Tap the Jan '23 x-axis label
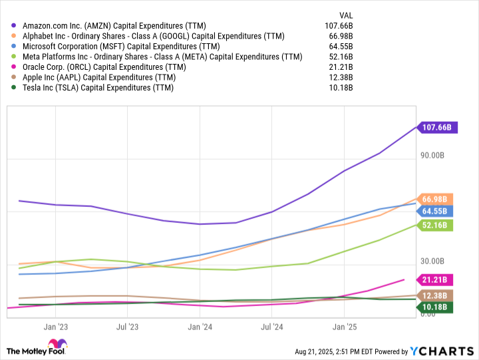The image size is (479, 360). point(56,327)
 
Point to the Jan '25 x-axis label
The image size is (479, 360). point(345,327)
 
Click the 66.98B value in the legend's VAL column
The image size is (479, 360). point(341,36)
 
